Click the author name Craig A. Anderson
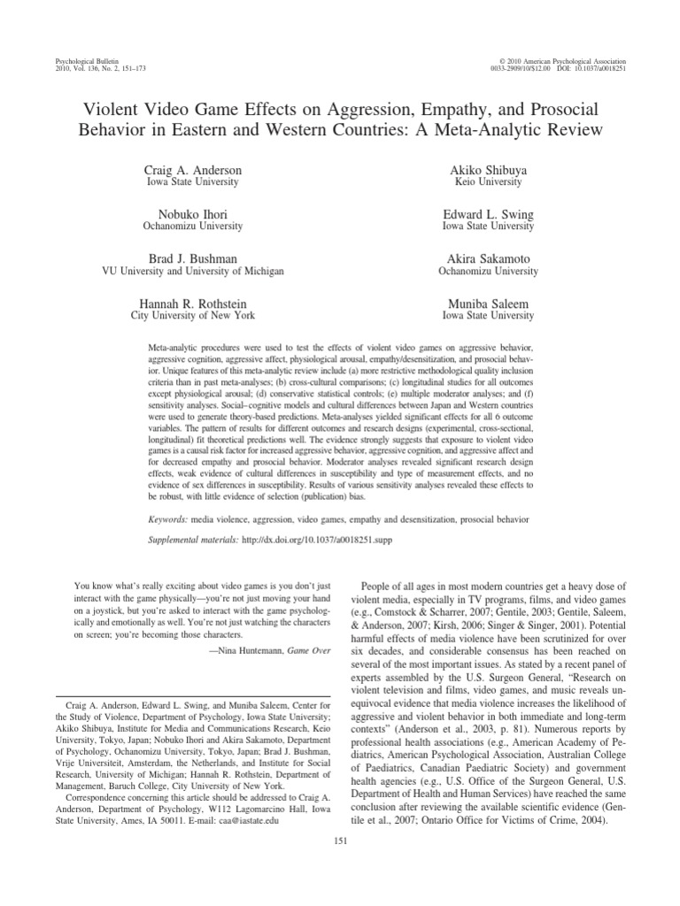[x=192, y=169]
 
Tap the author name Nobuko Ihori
[x=192, y=214]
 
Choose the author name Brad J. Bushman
[x=192, y=259]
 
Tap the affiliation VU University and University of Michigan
[x=192, y=272]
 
